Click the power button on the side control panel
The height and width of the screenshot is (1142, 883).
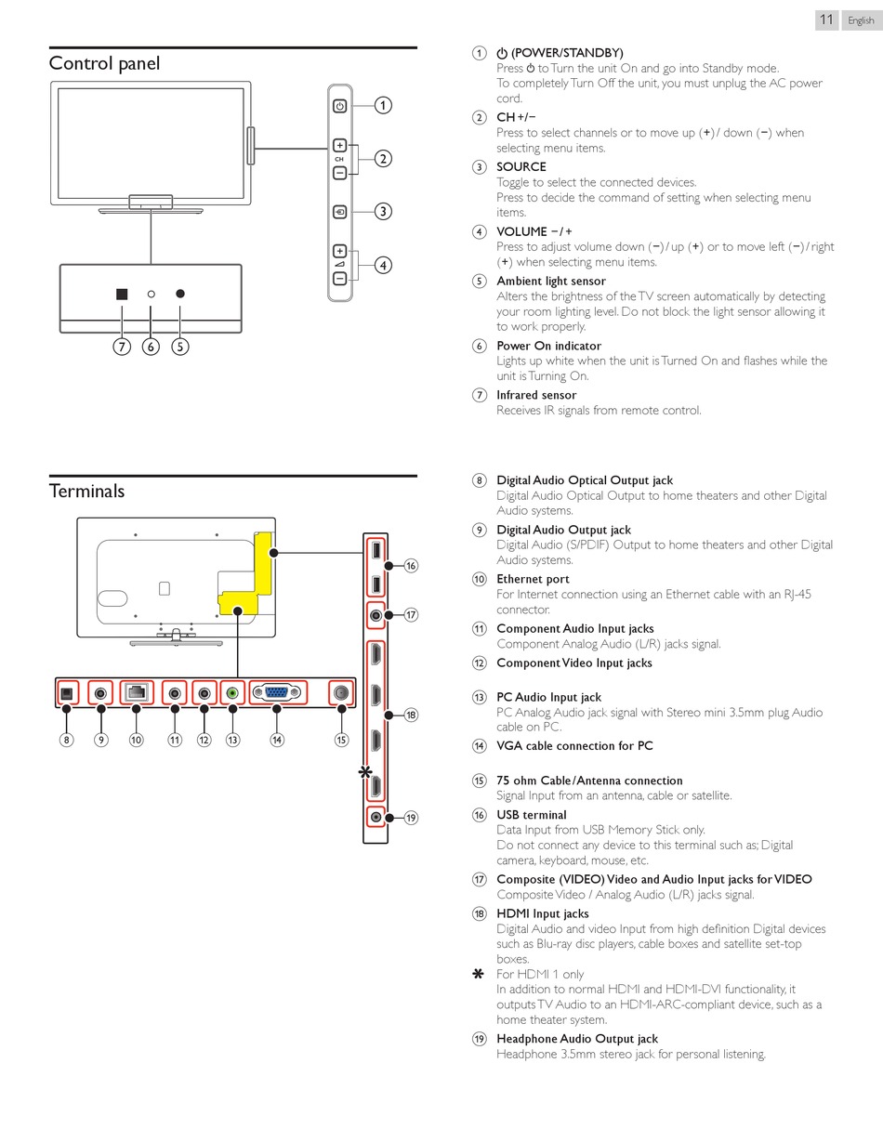point(340,106)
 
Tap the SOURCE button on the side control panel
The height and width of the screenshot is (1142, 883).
point(340,212)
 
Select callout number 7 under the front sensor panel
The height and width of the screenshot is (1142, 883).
point(122,347)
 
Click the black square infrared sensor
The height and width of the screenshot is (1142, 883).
point(122,294)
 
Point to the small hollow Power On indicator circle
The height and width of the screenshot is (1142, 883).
point(151,294)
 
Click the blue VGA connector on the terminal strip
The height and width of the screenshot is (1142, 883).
point(277,692)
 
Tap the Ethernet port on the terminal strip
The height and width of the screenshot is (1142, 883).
point(137,692)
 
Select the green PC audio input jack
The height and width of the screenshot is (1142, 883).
point(232,692)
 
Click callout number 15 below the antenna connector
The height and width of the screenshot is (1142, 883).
point(341,740)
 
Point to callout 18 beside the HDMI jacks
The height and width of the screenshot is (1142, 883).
point(411,715)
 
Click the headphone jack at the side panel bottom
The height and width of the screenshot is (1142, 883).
point(376,817)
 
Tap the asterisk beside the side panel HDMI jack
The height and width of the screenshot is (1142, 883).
point(365,772)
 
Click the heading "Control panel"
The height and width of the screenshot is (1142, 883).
point(104,63)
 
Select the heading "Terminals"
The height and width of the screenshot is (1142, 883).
point(86,491)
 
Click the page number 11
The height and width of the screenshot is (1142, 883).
point(826,20)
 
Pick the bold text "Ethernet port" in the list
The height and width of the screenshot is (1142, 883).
point(533,579)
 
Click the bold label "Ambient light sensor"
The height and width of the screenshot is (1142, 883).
point(550,281)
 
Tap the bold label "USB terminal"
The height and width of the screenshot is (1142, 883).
point(531,815)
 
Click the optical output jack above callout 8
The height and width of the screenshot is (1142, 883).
point(67,692)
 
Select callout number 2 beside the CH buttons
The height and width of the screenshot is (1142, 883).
point(383,159)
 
